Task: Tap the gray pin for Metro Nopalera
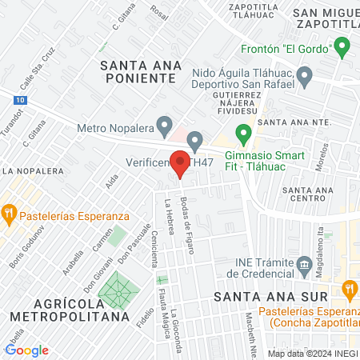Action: click(164, 126)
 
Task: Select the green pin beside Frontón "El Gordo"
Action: click(344, 49)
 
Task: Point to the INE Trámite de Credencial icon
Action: click(304, 265)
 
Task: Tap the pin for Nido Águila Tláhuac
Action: click(304, 78)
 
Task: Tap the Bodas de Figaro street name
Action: click(190, 224)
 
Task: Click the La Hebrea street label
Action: click(170, 217)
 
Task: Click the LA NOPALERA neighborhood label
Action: click(33, 170)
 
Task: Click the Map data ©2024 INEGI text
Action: click(311, 354)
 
